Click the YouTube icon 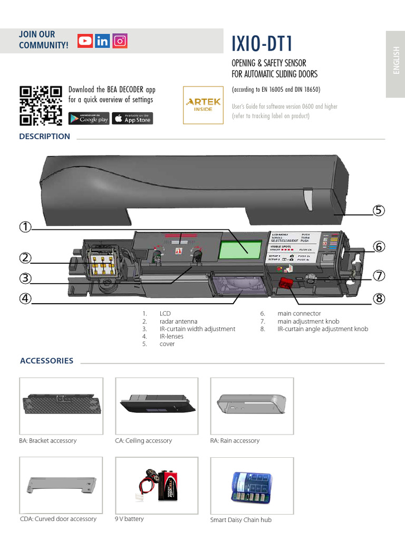click(x=85, y=41)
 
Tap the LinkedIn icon click(x=102, y=41)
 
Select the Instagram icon click(x=120, y=41)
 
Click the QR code click(x=41, y=105)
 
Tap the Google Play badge click(x=89, y=119)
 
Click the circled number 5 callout click(x=378, y=210)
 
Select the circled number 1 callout click(x=25, y=227)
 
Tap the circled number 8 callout click(x=378, y=298)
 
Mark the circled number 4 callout click(x=25, y=298)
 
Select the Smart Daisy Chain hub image click(x=252, y=488)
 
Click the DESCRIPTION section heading click(x=45, y=137)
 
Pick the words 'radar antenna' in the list click(x=178, y=321)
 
